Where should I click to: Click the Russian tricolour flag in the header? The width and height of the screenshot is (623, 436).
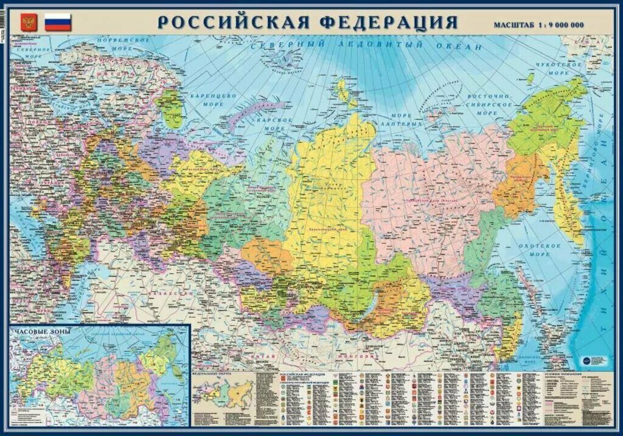click(x=58, y=22)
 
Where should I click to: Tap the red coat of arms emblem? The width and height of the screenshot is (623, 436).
click(x=28, y=23)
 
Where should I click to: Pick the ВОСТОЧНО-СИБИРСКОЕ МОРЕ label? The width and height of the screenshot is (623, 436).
click(x=490, y=105)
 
